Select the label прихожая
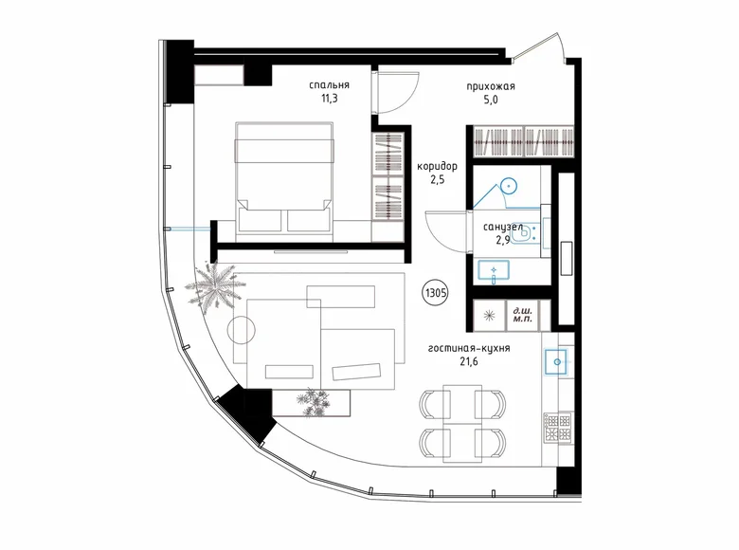[490, 86]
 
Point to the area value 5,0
[489, 100]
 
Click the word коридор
[437, 164]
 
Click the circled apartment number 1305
[437, 293]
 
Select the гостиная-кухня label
[470, 348]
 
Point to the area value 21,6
[470, 362]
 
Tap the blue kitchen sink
[555, 360]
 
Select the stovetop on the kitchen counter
[556, 426]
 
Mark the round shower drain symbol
[509, 186]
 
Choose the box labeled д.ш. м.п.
[521, 315]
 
